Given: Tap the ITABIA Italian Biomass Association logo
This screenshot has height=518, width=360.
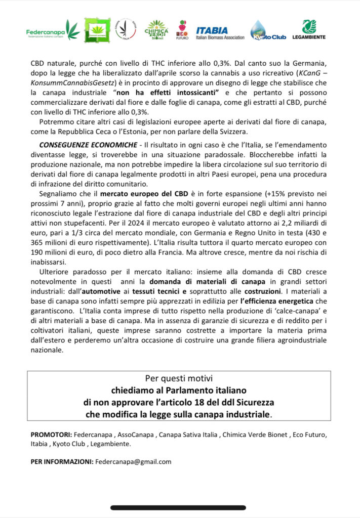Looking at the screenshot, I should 220,33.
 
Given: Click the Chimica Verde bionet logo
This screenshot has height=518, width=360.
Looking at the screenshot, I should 156,30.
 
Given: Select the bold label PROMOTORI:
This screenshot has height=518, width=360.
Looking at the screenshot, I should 51,435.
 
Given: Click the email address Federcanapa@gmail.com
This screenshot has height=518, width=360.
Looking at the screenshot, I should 133,461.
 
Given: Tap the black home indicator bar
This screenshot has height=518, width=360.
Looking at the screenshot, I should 180,507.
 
